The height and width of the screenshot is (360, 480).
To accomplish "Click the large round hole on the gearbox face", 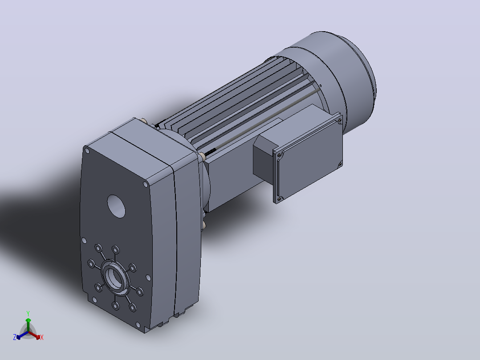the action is point(116,206).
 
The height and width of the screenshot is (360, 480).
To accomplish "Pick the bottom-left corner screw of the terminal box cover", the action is point(279,199).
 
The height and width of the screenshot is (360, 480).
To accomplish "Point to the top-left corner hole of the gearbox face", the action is point(87,151).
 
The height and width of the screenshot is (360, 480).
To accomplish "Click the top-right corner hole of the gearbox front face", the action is point(146,184).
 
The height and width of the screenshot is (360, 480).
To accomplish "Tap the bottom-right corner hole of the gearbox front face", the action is point(138,324).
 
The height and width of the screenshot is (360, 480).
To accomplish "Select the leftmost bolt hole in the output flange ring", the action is point(91,263).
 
